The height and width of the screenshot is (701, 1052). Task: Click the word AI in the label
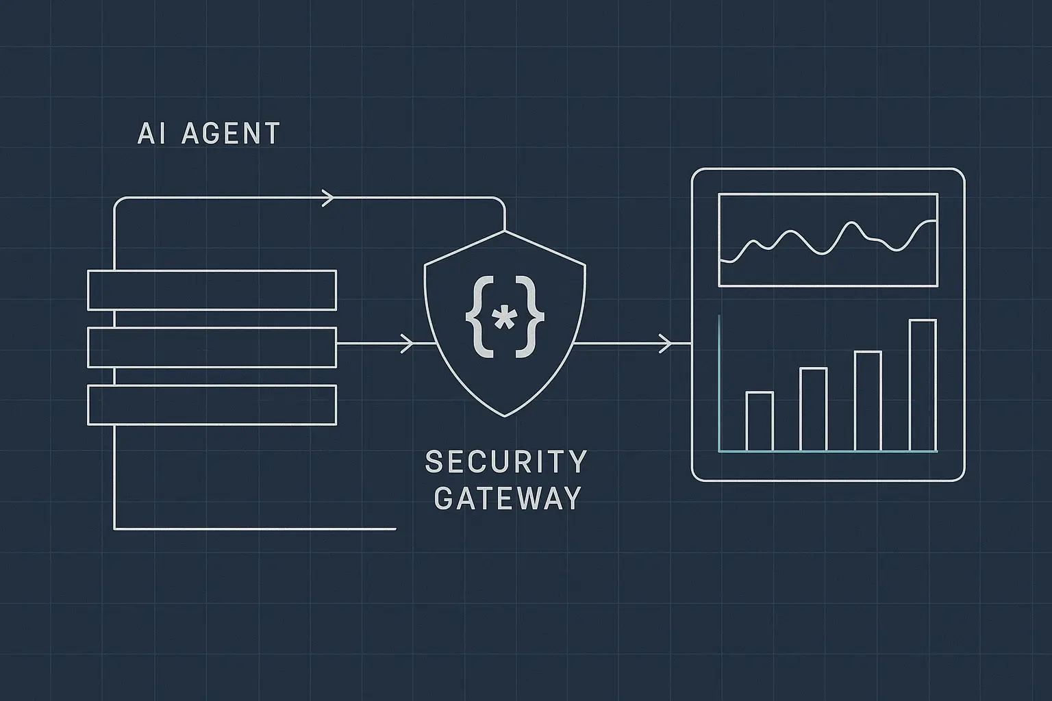tap(151, 133)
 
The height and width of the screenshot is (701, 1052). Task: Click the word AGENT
tap(231, 133)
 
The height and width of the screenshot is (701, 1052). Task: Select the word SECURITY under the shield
tap(506, 462)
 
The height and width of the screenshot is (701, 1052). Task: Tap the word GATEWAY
tap(508, 498)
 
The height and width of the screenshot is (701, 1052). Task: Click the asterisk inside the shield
tap(505, 319)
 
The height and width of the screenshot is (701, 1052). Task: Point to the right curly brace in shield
tap(534, 316)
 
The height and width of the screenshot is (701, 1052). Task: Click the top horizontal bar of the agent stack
tap(212, 290)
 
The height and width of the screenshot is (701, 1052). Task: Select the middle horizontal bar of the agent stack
tap(212, 348)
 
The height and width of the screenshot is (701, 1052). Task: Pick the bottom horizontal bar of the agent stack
tap(212, 405)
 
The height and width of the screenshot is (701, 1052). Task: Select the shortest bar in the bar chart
tap(760, 422)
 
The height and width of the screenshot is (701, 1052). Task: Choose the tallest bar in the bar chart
tap(923, 385)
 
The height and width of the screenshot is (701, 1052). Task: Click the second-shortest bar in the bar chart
tap(814, 409)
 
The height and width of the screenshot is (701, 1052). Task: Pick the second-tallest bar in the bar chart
tap(868, 401)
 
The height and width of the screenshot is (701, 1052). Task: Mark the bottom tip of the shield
tap(505, 416)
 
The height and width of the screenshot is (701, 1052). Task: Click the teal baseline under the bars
tap(827, 452)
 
